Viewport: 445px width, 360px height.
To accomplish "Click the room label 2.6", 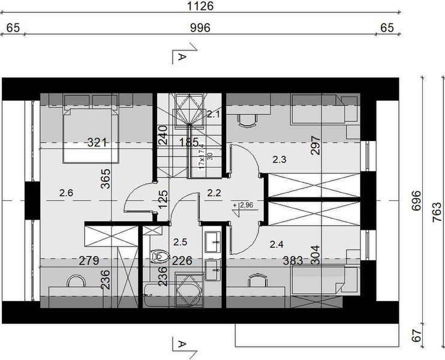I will point(67,193).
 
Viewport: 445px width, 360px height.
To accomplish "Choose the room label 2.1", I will point(214,113).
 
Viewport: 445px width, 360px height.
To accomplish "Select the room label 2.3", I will point(279,160).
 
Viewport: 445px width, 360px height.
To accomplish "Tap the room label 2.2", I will point(214,193).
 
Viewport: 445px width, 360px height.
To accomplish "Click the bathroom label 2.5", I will point(180,242).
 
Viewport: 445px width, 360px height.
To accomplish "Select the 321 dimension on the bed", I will point(97,143).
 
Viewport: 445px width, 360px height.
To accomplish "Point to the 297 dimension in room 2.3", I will point(317,146).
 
